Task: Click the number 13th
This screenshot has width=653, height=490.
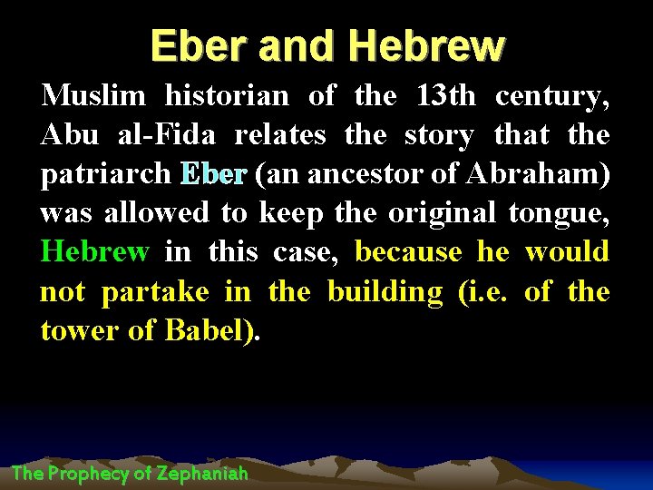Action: (x=443, y=95)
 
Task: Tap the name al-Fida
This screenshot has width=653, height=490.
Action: (x=166, y=135)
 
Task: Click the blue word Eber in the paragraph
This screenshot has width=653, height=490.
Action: (x=213, y=174)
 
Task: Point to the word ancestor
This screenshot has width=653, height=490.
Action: (x=376, y=174)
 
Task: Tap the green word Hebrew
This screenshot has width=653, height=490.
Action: (x=94, y=252)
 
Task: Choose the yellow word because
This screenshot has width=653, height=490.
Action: (x=408, y=252)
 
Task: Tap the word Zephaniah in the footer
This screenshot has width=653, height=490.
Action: (x=202, y=473)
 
